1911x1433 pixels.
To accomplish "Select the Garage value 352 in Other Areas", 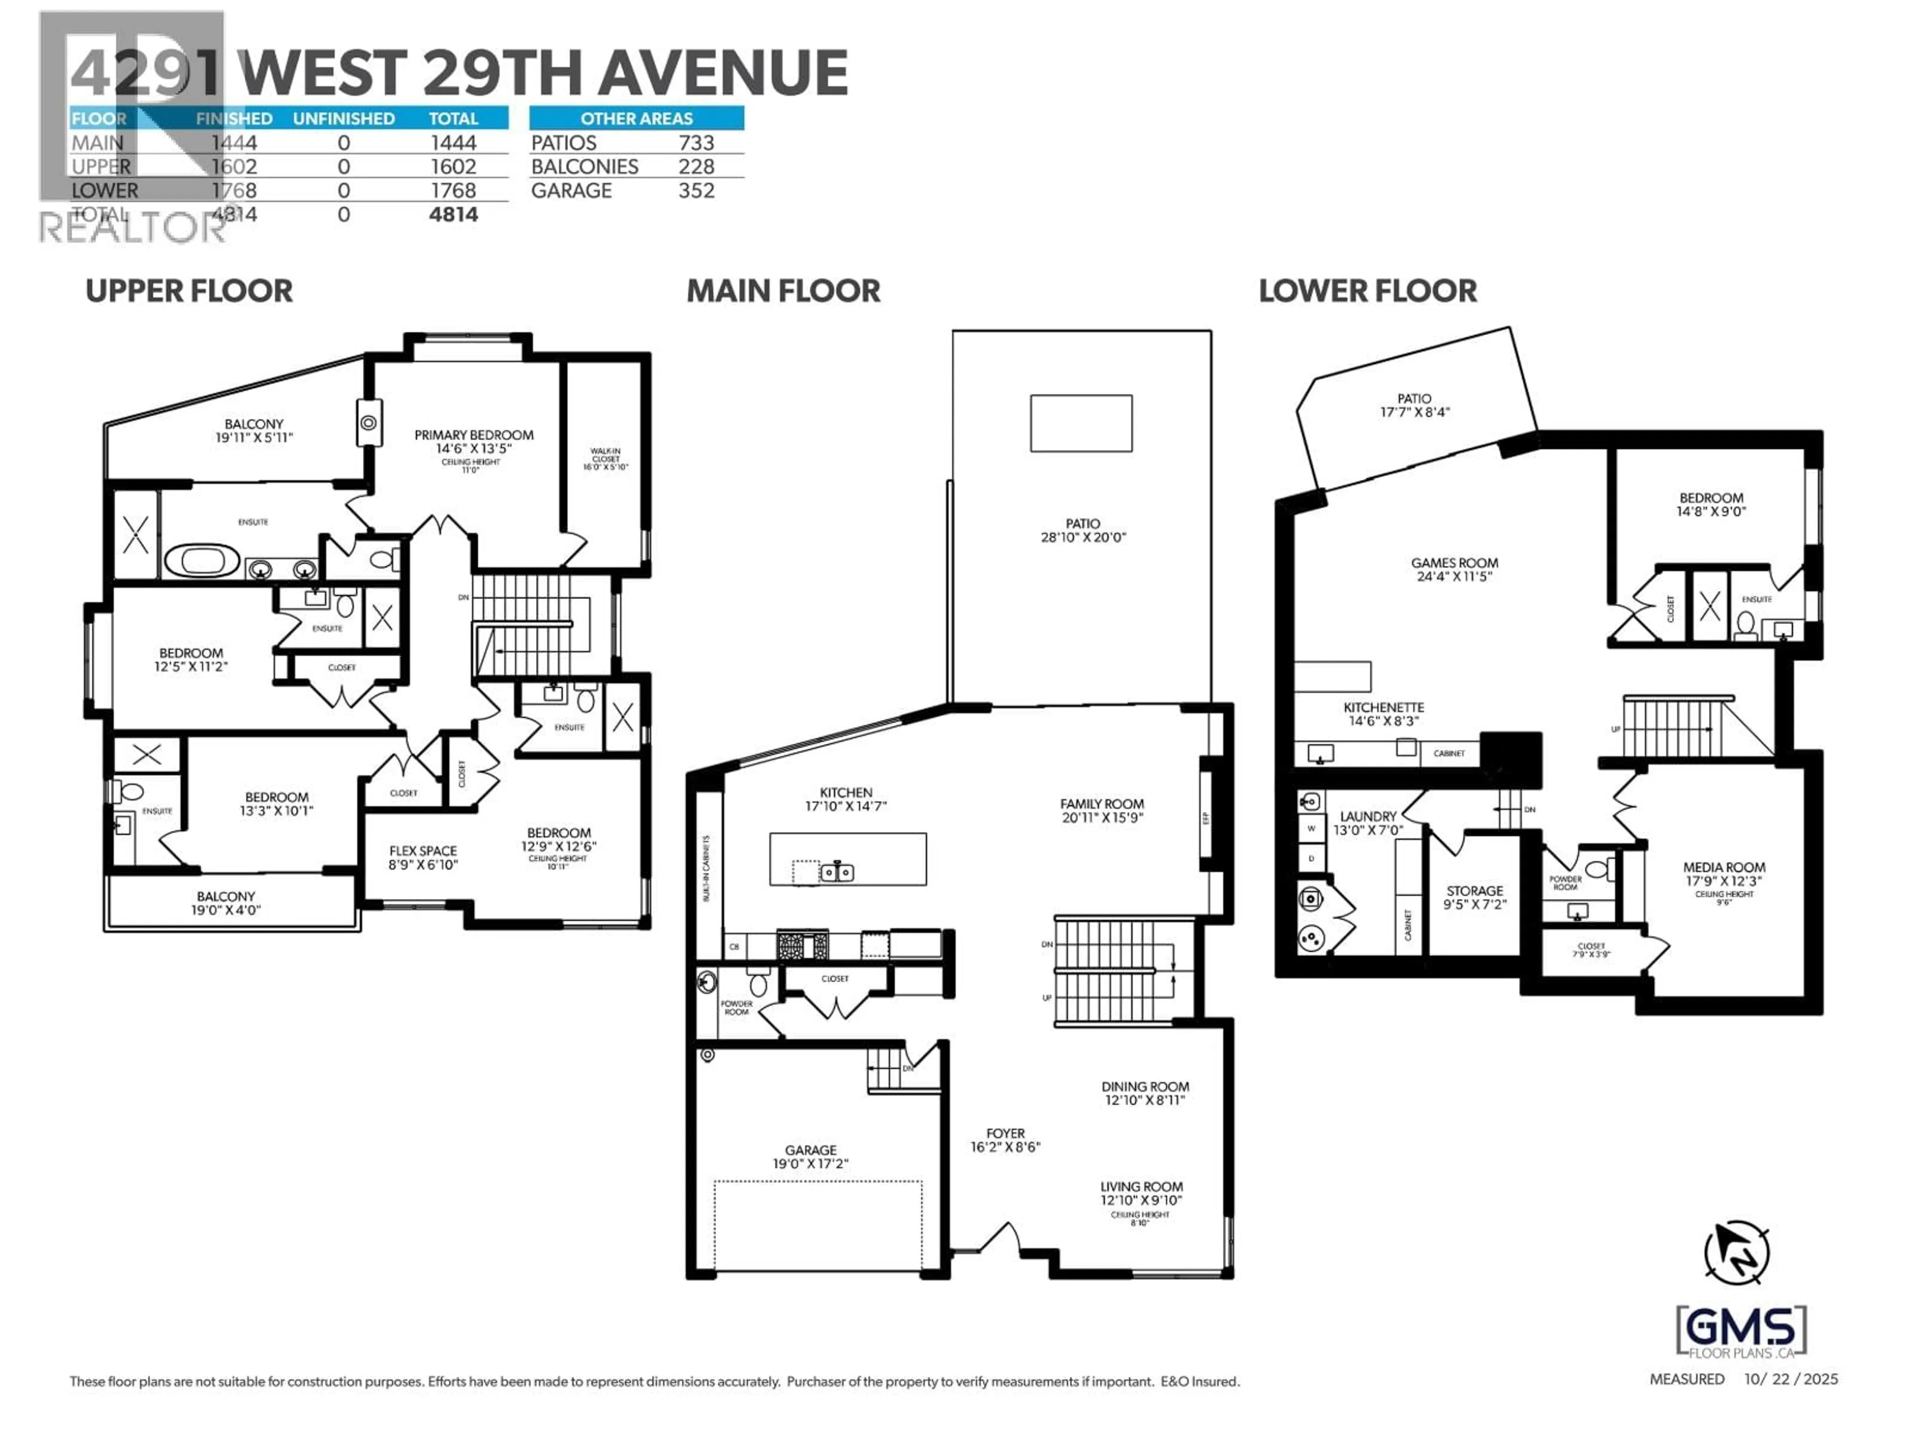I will pos(696,191).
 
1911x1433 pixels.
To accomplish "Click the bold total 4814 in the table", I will pos(453,214).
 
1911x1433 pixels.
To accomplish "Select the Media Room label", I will pos(1723,867).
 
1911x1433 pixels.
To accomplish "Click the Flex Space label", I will pos(424,851).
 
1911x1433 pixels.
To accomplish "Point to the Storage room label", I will pos(1475,891).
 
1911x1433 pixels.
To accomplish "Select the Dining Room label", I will pos(1145,1087).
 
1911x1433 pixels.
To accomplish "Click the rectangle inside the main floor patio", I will pos(1081,423).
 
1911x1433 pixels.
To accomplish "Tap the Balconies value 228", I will pos(696,167).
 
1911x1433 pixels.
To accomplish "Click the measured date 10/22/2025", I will pos(1791,1379).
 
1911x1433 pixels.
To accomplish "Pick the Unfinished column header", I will pos(344,118).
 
